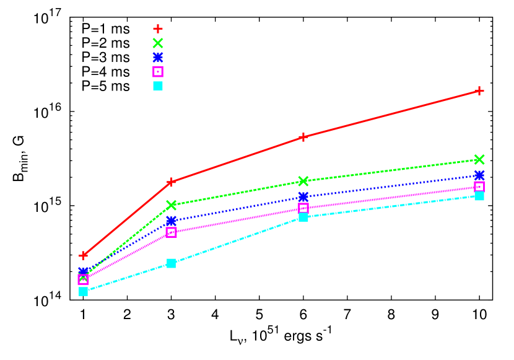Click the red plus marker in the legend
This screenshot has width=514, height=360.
(158, 29)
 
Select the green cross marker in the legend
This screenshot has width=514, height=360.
(158, 43)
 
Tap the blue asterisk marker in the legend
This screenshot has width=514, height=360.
(158, 57)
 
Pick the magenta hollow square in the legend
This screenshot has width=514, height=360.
(158, 71)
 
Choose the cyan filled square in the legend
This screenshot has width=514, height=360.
(158, 86)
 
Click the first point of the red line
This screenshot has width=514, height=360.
(83, 255)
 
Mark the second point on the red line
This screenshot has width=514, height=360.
(171, 182)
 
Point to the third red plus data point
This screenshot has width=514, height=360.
(303, 137)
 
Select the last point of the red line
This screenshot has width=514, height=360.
(479, 90)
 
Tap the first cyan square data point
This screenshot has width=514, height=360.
(83, 291)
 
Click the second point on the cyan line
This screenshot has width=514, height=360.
(171, 263)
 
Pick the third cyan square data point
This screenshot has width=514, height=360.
(303, 217)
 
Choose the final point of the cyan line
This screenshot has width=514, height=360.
(479, 196)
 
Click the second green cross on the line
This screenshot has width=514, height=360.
(171, 204)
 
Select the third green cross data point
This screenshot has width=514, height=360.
(303, 181)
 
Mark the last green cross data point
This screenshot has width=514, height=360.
(479, 159)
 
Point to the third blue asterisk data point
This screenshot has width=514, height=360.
(303, 196)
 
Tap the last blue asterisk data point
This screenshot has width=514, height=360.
(479, 175)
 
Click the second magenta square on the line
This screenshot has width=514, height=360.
(171, 232)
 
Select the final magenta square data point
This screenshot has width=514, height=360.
(479, 186)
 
